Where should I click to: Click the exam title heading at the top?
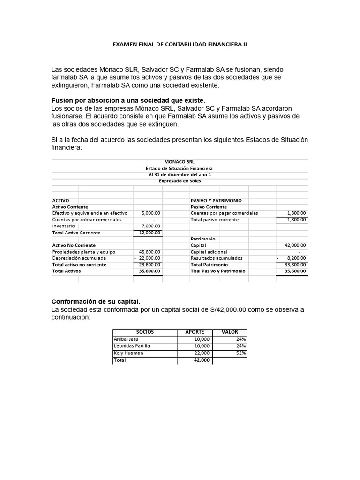click(x=180, y=45)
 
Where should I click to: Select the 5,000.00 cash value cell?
click(x=150, y=213)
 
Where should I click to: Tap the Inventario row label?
click(x=63, y=226)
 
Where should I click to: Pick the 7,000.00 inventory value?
click(x=150, y=226)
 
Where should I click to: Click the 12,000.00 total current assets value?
click(x=150, y=232)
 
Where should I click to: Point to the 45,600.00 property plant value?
click(x=150, y=252)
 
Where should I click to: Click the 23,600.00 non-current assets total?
click(x=150, y=265)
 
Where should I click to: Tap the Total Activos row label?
click(x=67, y=271)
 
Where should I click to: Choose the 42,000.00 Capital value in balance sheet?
click(x=295, y=245)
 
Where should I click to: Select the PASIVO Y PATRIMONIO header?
click(x=216, y=200)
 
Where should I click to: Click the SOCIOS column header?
click(x=145, y=332)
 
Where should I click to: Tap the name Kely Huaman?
click(x=128, y=353)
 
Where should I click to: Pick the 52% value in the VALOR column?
click(x=241, y=353)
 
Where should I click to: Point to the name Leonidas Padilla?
click(x=133, y=346)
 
